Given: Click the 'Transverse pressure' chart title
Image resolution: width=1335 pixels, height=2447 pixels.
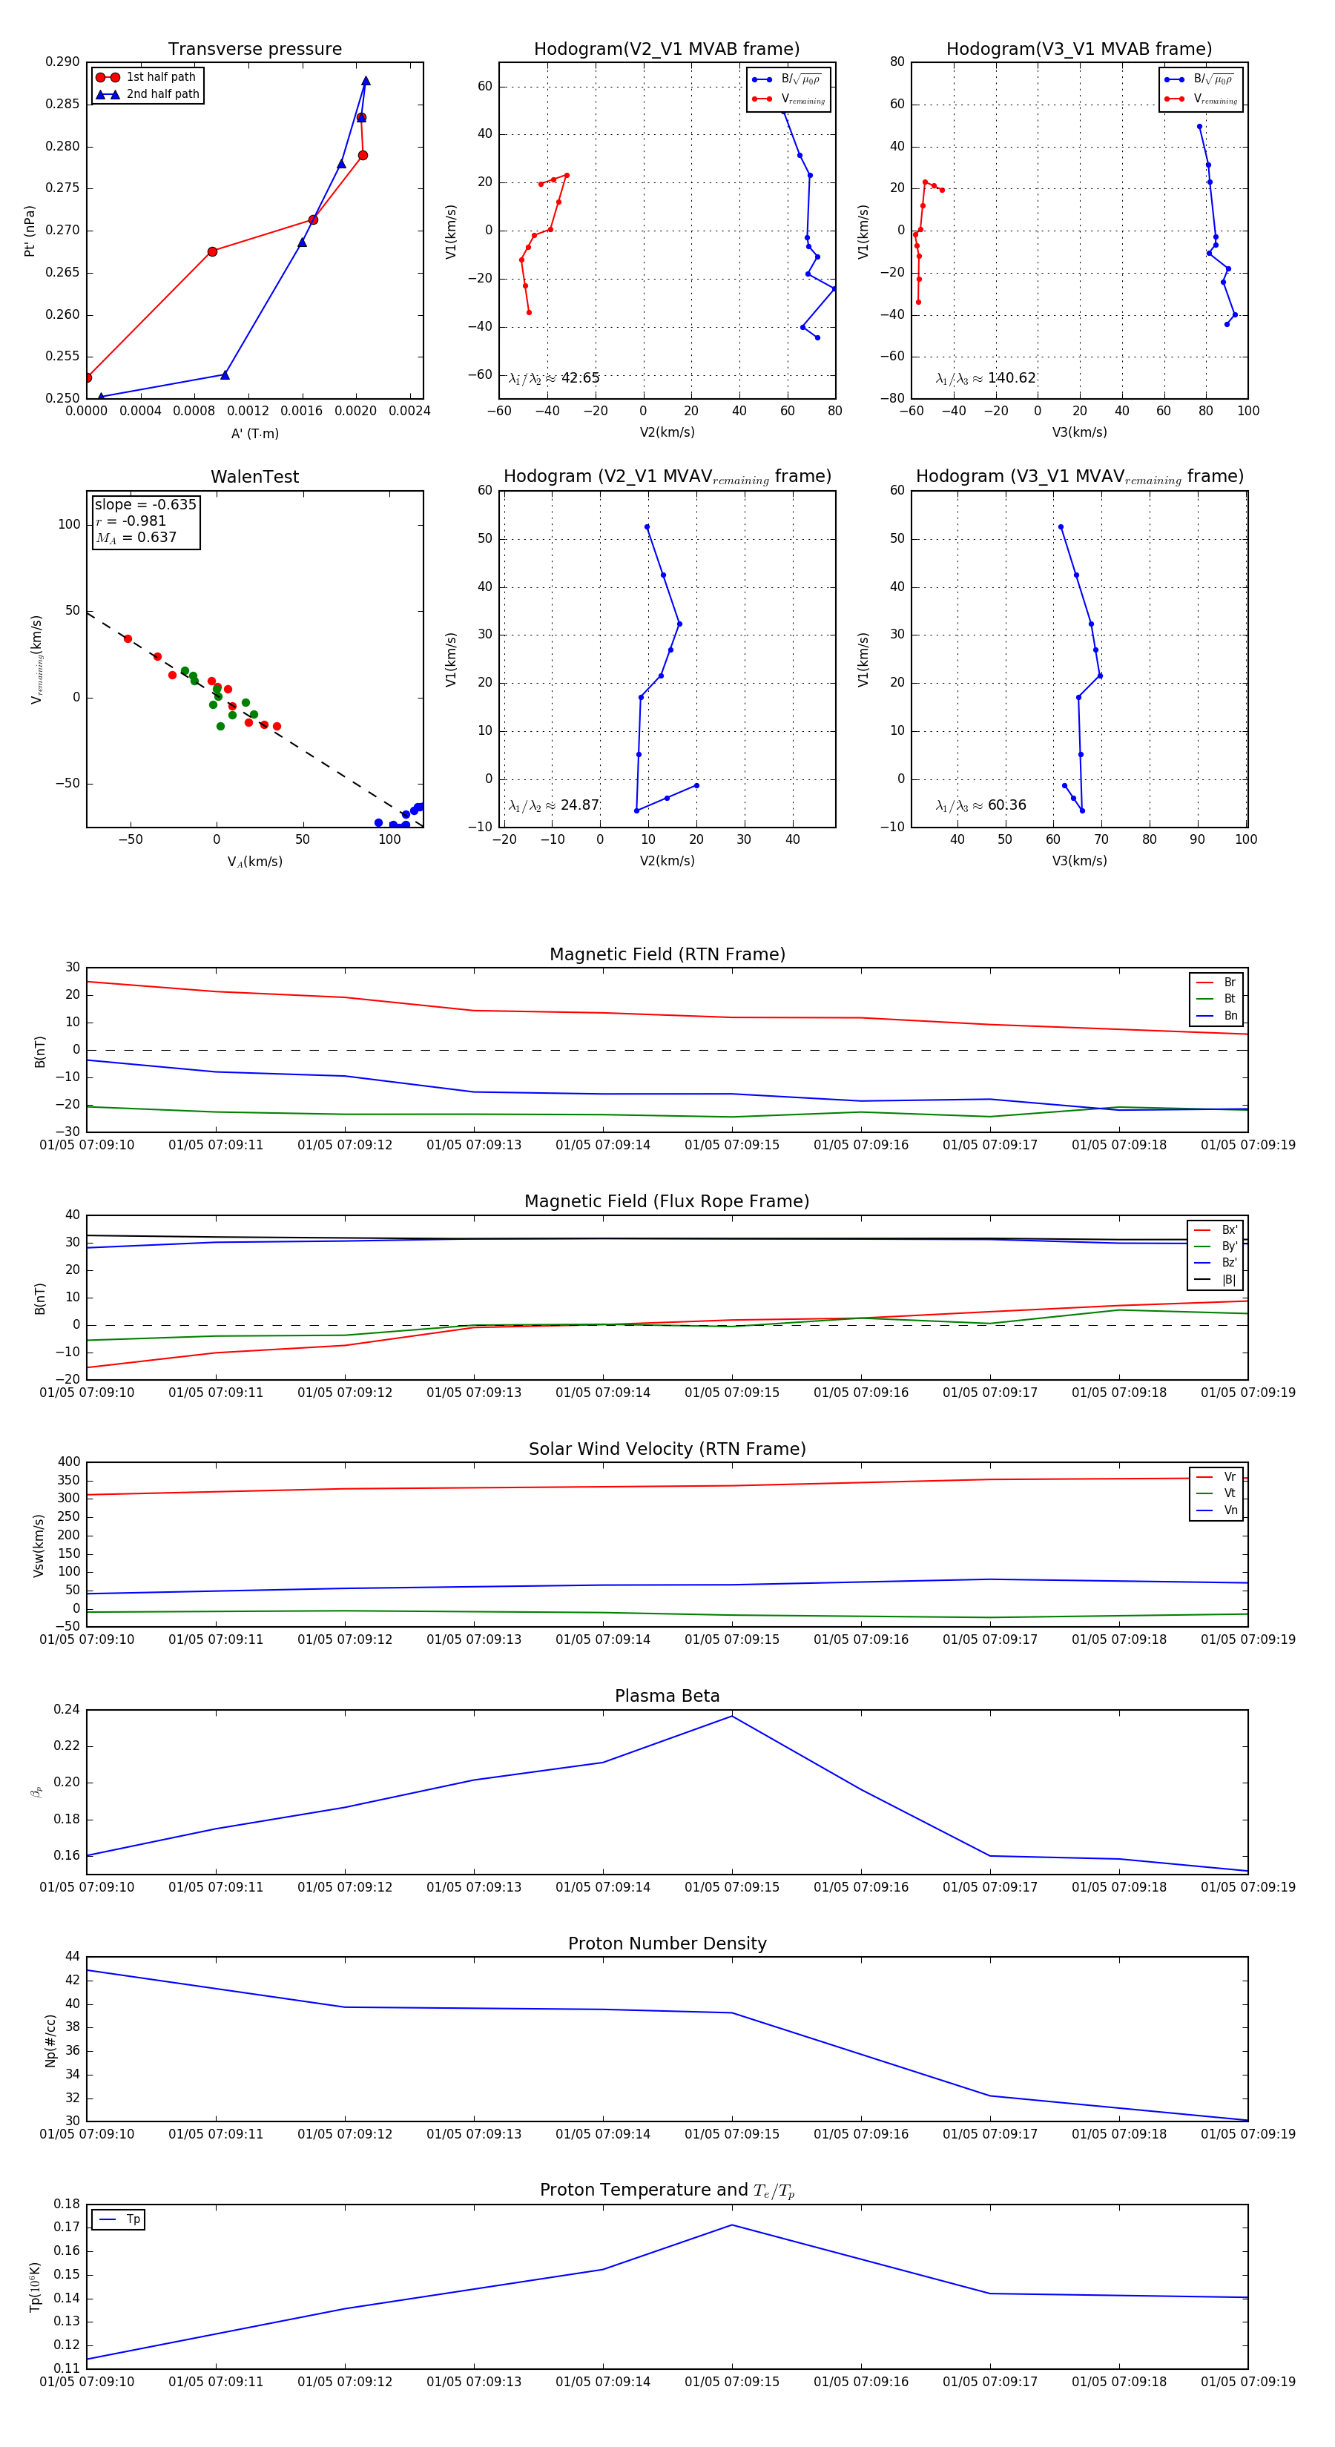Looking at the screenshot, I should pos(254,50).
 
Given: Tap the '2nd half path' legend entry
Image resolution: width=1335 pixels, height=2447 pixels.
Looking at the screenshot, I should pos(162,94).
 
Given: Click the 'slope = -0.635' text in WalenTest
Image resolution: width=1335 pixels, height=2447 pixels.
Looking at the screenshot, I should pos(145,504).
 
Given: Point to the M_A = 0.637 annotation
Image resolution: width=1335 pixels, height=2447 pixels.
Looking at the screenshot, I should pos(136,538).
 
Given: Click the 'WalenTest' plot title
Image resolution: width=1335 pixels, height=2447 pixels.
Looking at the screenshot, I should pos(254,477).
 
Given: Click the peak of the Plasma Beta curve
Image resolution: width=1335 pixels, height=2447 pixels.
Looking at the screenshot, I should pos(731,1716).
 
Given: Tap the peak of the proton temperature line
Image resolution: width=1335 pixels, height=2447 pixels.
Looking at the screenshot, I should pos(731,2225).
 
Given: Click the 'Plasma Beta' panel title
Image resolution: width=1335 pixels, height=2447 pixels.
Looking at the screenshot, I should pos(667,1696).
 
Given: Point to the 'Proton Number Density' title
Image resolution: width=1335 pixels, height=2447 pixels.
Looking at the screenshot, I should pos(667,1944).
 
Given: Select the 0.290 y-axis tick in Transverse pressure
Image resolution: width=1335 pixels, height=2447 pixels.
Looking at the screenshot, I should pos(63,63).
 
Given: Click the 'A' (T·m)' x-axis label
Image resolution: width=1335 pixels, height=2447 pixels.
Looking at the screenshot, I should pos(254,433).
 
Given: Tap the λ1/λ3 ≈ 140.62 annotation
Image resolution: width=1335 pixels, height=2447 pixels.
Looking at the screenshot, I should pos(986,378).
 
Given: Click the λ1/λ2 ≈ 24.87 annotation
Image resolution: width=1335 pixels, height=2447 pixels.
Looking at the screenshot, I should pos(553,805).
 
